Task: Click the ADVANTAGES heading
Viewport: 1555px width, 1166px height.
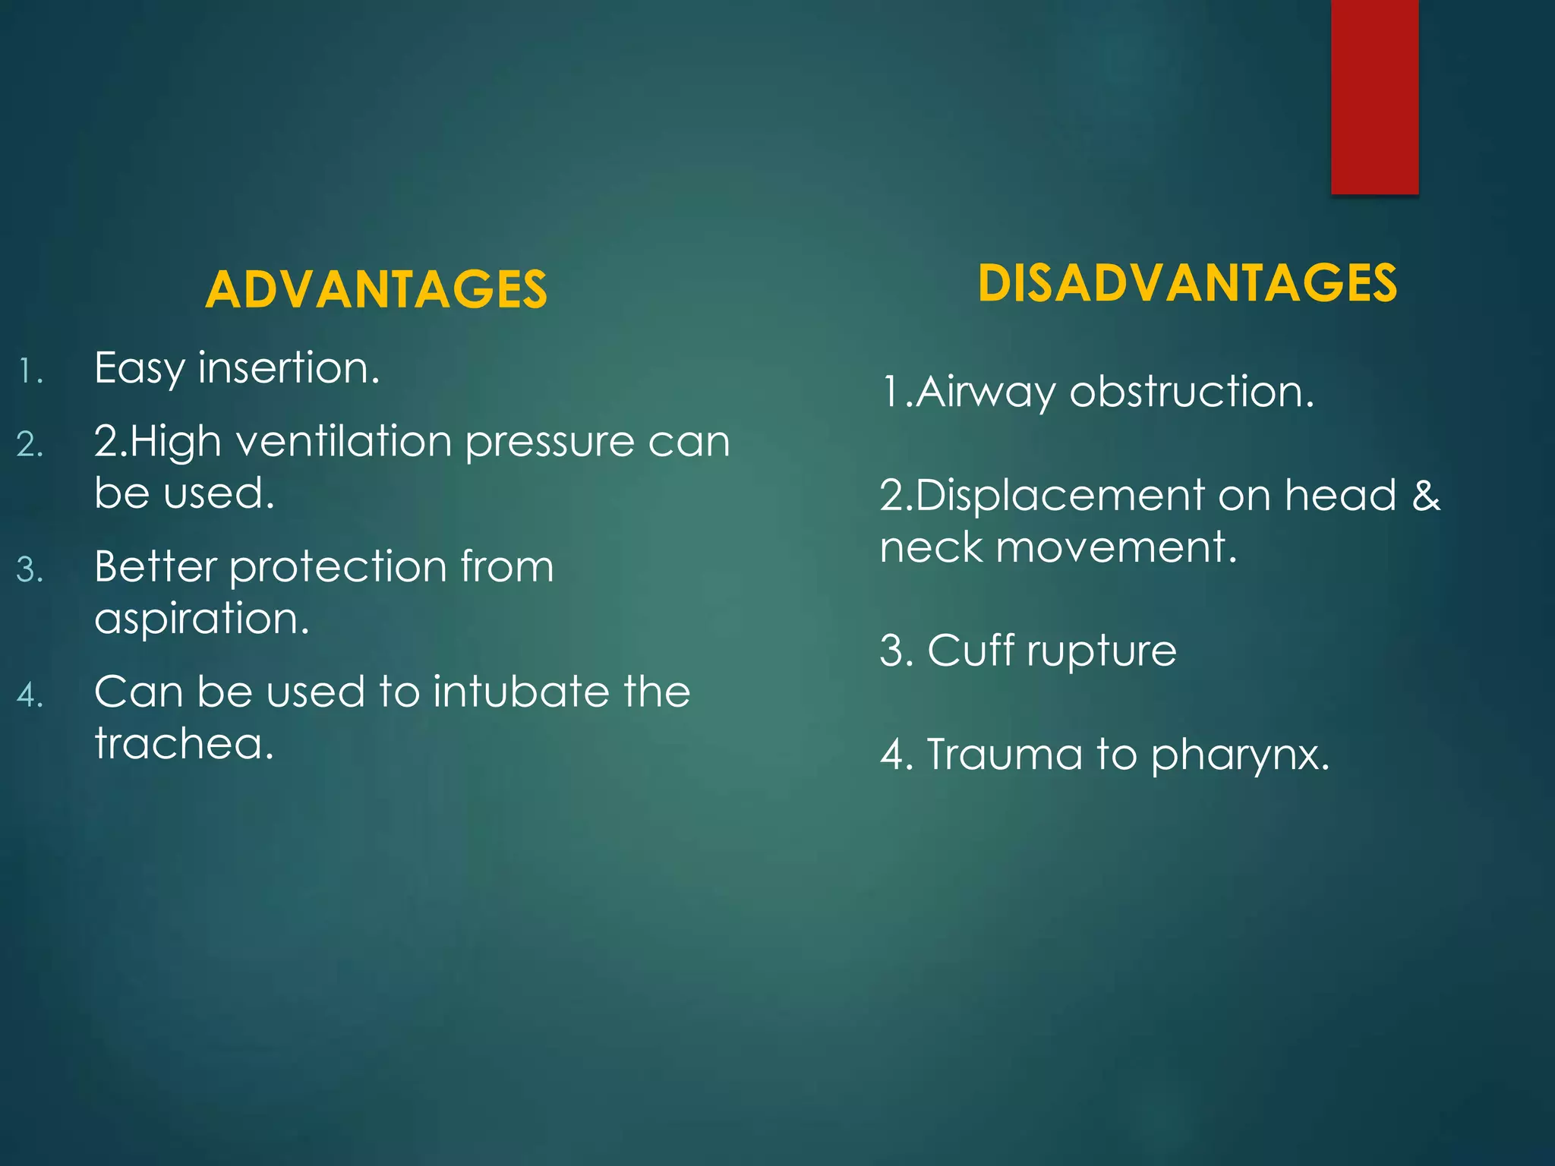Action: tap(376, 290)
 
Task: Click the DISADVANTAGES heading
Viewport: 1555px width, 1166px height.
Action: tap(1187, 283)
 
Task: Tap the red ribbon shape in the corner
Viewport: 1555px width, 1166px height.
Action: tap(1374, 97)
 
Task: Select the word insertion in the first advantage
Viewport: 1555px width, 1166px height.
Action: tap(289, 368)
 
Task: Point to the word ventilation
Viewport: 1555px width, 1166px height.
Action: tap(345, 441)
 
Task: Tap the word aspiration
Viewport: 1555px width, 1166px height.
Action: tap(202, 619)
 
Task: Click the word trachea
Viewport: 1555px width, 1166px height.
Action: tap(184, 743)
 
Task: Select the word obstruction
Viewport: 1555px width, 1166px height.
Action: tap(1191, 392)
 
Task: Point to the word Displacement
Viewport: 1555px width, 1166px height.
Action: tap(1060, 496)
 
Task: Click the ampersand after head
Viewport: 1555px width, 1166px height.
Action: tap(1425, 495)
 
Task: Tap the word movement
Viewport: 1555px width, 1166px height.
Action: tap(1116, 547)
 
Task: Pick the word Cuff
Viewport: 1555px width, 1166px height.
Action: tap(971, 651)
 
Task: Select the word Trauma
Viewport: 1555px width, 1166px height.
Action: tap(1004, 755)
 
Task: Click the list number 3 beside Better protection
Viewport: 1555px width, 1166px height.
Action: tap(29, 570)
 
